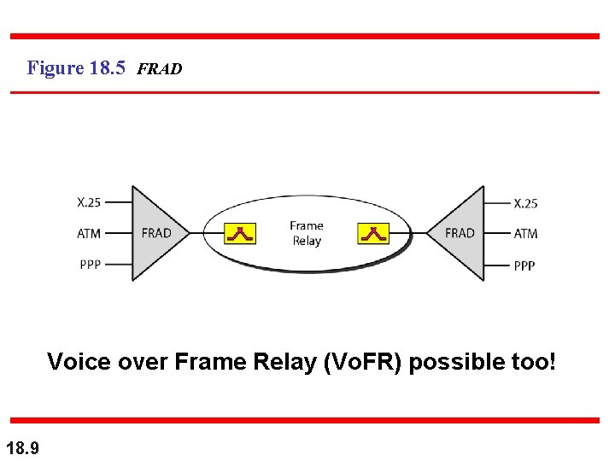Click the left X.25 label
[x=89, y=203]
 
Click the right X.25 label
[x=525, y=203]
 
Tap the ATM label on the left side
[x=89, y=233]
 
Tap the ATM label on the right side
[x=525, y=233]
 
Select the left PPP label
[x=90, y=264]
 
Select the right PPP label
[x=524, y=266]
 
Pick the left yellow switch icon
[x=240, y=233]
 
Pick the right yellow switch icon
[x=373, y=233]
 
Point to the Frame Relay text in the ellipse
[x=307, y=233]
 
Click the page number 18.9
[x=21, y=446]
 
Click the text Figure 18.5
[x=77, y=67]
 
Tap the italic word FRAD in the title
[x=159, y=69]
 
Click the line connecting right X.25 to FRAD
[x=496, y=203]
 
